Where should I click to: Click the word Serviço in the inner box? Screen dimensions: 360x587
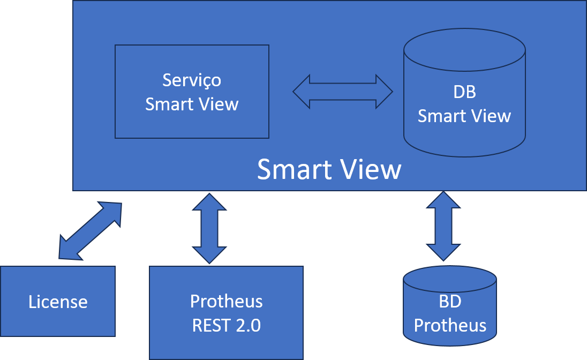191,80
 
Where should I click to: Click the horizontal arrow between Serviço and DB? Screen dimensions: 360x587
343,92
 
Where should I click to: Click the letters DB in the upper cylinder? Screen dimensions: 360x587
464,92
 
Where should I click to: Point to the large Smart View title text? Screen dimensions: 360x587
329,169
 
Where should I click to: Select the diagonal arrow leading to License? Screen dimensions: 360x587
90,231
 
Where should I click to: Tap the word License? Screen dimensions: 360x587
58,302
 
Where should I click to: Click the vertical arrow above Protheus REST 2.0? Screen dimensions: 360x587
209,228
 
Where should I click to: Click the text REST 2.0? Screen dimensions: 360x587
226,325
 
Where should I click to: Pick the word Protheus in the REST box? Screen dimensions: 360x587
226,301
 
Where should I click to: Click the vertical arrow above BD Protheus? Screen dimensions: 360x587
443,226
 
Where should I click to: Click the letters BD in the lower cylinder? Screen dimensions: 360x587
450,302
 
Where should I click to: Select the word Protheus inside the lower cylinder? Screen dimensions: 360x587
450,325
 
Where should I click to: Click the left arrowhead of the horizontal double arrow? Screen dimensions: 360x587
301,92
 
